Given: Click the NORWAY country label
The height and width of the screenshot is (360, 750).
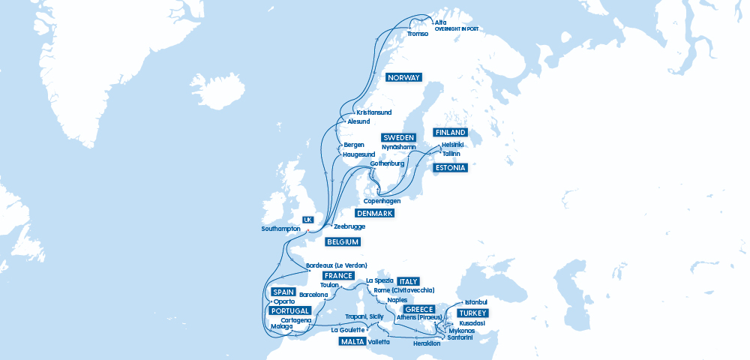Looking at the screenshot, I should pyautogui.click(x=403, y=77).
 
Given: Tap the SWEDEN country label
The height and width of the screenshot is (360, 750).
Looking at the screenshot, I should pyautogui.click(x=398, y=138).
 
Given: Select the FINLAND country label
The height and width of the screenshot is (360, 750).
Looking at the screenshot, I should pyautogui.click(x=451, y=133).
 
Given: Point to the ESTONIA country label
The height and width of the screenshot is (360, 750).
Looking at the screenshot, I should pyautogui.click(x=451, y=168).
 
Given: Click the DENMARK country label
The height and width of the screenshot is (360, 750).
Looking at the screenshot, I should pyautogui.click(x=374, y=214).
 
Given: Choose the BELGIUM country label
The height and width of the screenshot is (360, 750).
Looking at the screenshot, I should pyautogui.click(x=342, y=242).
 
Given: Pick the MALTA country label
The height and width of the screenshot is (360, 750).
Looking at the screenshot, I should pyautogui.click(x=351, y=342).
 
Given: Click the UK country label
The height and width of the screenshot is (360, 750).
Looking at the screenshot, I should pyautogui.click(x=307, y=220).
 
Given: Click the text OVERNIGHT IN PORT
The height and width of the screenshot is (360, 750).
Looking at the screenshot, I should pyautogui.click(x=456, y=29).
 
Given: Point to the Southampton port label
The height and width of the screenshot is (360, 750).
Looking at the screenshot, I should pyautogui.click(x=280, y=229).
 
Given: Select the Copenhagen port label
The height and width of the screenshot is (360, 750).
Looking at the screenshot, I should pyautogui.click(x=382, y=201).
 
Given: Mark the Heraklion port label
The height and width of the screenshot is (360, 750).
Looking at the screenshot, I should pyautogui.click(x=426, y=343).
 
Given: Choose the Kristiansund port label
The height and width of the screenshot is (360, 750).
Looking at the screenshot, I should pyautogui.click(x=374, y=112).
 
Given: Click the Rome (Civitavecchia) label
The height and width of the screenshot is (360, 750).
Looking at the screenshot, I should pyautogui.click(x=403, y=290).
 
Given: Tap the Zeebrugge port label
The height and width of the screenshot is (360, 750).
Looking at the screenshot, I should pyautogui.click(x=349, y=226).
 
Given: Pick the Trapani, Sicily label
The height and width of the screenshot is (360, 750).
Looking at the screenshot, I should pyautogui.click(x=364, y=317).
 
